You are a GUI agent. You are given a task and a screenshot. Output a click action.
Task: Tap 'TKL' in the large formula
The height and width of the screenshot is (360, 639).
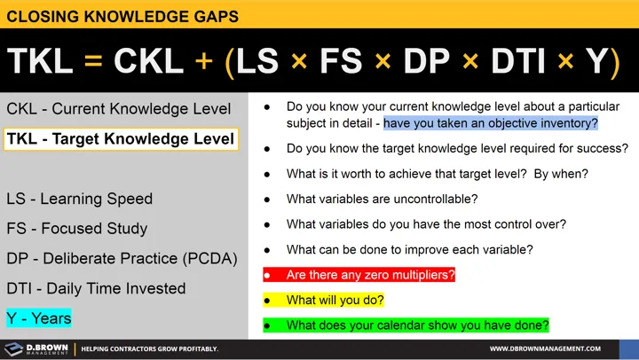pos(44,60)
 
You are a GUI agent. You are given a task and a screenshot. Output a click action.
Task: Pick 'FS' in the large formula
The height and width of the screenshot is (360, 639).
pos(342,60)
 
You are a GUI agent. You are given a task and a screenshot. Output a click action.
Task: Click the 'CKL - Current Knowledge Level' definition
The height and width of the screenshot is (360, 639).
pos(119,109)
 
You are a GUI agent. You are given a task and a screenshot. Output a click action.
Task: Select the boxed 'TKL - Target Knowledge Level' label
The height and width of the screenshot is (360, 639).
pos(121,138)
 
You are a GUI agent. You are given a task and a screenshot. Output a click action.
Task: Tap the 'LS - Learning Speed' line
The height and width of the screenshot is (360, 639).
pos(80,199)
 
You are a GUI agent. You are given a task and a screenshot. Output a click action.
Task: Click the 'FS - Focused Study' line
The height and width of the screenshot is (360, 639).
pos(77,228)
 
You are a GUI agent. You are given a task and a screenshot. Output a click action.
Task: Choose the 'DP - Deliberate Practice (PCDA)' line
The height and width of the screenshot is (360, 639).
pos(122,258)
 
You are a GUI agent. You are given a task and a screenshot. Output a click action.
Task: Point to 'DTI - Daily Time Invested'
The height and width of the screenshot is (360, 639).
pos(96,288)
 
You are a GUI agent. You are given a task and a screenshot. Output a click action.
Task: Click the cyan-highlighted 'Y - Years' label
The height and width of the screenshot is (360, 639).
pos(39,317)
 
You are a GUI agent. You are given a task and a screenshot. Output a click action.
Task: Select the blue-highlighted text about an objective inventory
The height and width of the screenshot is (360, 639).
pos(491,123)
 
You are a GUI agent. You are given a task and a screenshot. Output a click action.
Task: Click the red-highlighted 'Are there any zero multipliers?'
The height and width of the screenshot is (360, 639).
pos(371,275)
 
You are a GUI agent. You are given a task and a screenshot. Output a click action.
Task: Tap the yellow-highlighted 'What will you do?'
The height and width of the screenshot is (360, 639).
pos(335,301)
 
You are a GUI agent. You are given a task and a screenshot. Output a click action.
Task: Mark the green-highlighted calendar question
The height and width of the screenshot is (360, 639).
pos(417,325)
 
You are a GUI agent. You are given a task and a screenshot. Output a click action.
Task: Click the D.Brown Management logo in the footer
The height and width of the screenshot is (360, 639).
pos(35,348)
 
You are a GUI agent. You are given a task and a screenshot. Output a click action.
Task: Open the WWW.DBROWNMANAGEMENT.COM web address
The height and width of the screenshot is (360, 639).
pos(545,348)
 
